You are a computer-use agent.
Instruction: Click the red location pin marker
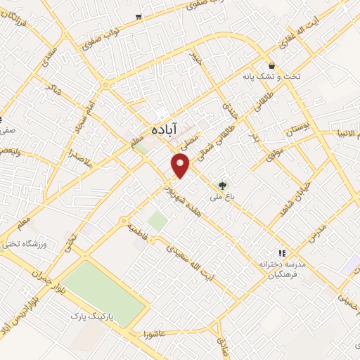[x=181, y=165]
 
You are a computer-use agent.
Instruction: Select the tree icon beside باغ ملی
[x=223, y=186]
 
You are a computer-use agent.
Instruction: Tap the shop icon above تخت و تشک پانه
[x=271, y=65]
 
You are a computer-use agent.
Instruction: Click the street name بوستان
[x=298, y=129]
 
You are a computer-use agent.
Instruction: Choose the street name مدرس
[x=318, y=236]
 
